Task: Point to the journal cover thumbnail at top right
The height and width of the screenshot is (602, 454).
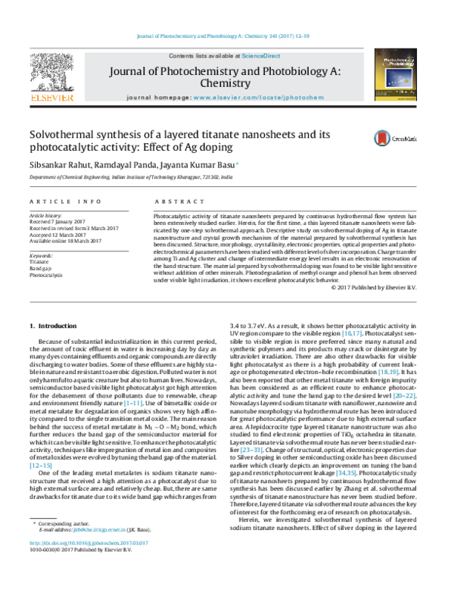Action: tap(403, 76)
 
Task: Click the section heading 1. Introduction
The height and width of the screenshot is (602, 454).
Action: tap(57, 326)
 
